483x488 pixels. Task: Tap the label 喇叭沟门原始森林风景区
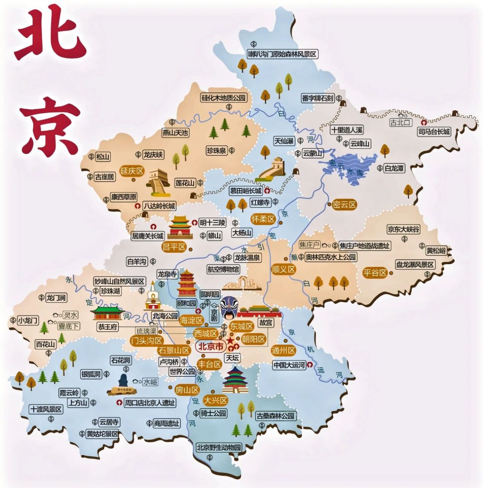tap(282, 54)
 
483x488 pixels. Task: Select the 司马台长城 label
tap(434, 132)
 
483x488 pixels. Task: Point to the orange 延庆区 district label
tap(132, 171)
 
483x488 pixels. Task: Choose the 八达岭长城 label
tap(159, 206)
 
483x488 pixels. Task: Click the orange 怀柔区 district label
tap(263, 219)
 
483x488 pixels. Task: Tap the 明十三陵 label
tap(212, 223)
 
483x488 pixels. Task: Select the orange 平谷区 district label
tap(375, 273)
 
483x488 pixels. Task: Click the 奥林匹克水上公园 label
tap(331, 257)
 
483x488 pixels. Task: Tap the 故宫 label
tap(266, 323)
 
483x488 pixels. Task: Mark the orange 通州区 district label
tap(283, 350)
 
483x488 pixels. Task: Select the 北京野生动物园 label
tap(219, 448)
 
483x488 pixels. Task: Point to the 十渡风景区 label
tap(46, 409)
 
